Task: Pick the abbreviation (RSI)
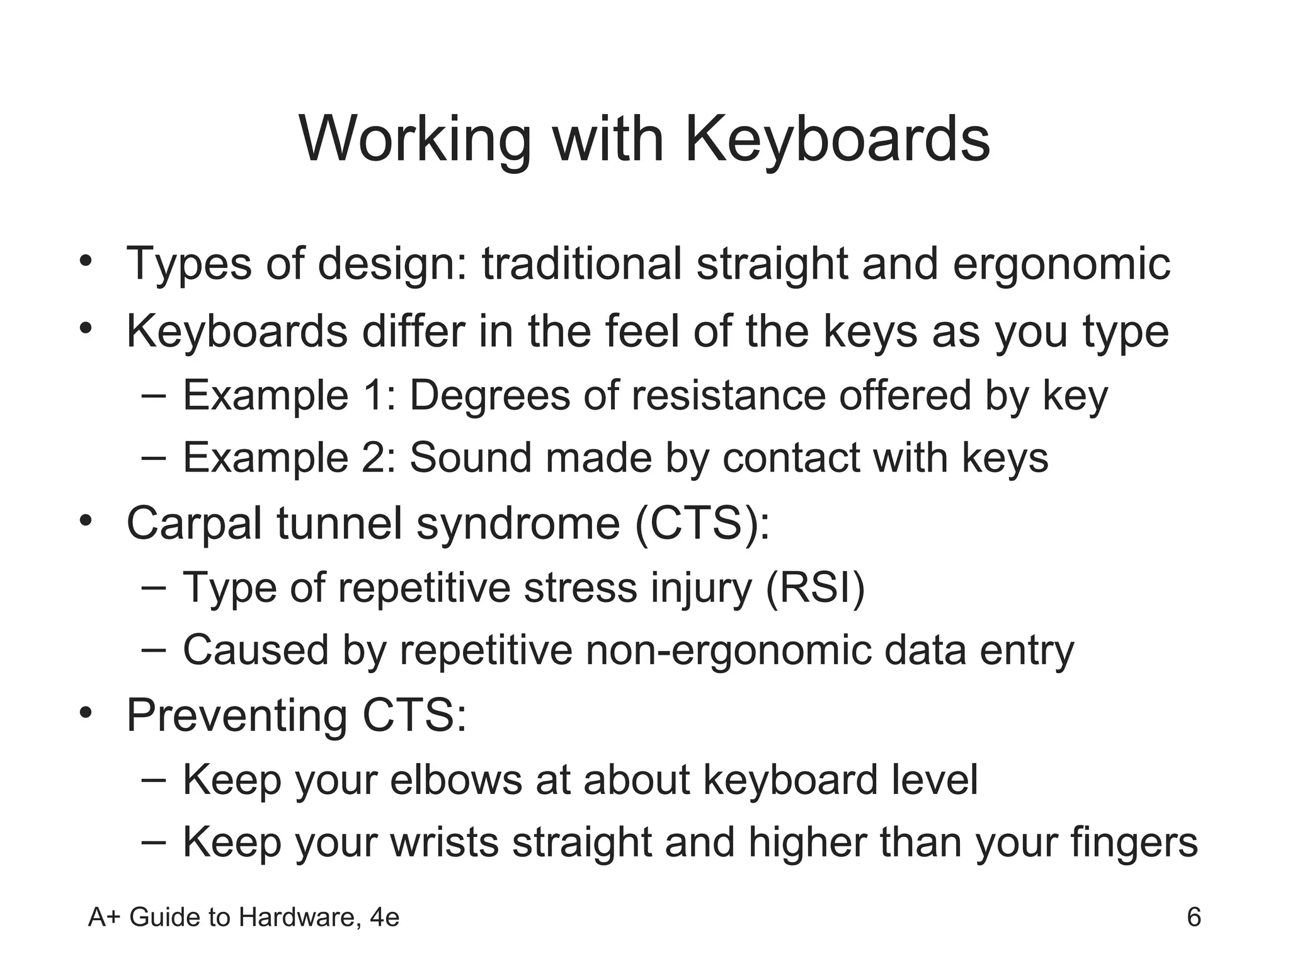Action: (816, 587)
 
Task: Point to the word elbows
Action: (456, 780)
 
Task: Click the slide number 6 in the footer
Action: (1194, 917)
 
